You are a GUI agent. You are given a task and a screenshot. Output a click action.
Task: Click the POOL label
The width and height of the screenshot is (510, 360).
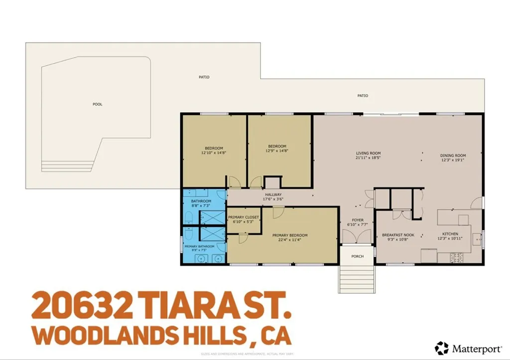click(97, 104)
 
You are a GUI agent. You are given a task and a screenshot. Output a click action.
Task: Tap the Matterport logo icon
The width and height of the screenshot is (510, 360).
click(441, 348)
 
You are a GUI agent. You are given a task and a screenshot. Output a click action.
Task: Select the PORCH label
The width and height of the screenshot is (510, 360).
click(357, 256)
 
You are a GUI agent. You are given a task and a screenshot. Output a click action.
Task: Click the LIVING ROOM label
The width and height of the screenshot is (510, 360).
click(368, 153)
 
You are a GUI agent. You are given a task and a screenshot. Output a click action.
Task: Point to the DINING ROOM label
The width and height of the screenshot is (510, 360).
click(453, 156)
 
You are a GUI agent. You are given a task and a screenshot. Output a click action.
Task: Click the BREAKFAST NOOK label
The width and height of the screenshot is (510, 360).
click(398, 235)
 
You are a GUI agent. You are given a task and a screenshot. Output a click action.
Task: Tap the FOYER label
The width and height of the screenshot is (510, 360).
click(358, 220)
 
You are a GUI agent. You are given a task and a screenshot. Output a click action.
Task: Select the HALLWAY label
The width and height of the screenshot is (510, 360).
click(273, 195)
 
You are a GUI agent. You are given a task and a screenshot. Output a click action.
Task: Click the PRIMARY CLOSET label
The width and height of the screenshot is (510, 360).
click(244, 217)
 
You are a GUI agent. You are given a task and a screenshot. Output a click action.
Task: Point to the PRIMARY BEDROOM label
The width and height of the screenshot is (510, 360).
click(289, 235)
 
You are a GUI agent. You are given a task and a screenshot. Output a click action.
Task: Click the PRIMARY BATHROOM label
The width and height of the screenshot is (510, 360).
click(199, 246)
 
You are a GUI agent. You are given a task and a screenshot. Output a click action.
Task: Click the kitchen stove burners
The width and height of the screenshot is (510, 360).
click(456, 257)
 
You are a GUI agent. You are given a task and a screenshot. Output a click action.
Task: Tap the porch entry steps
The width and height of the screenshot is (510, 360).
click(357, 278)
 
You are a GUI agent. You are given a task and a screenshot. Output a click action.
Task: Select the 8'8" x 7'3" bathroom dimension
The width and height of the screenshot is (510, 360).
click(201, 205)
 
